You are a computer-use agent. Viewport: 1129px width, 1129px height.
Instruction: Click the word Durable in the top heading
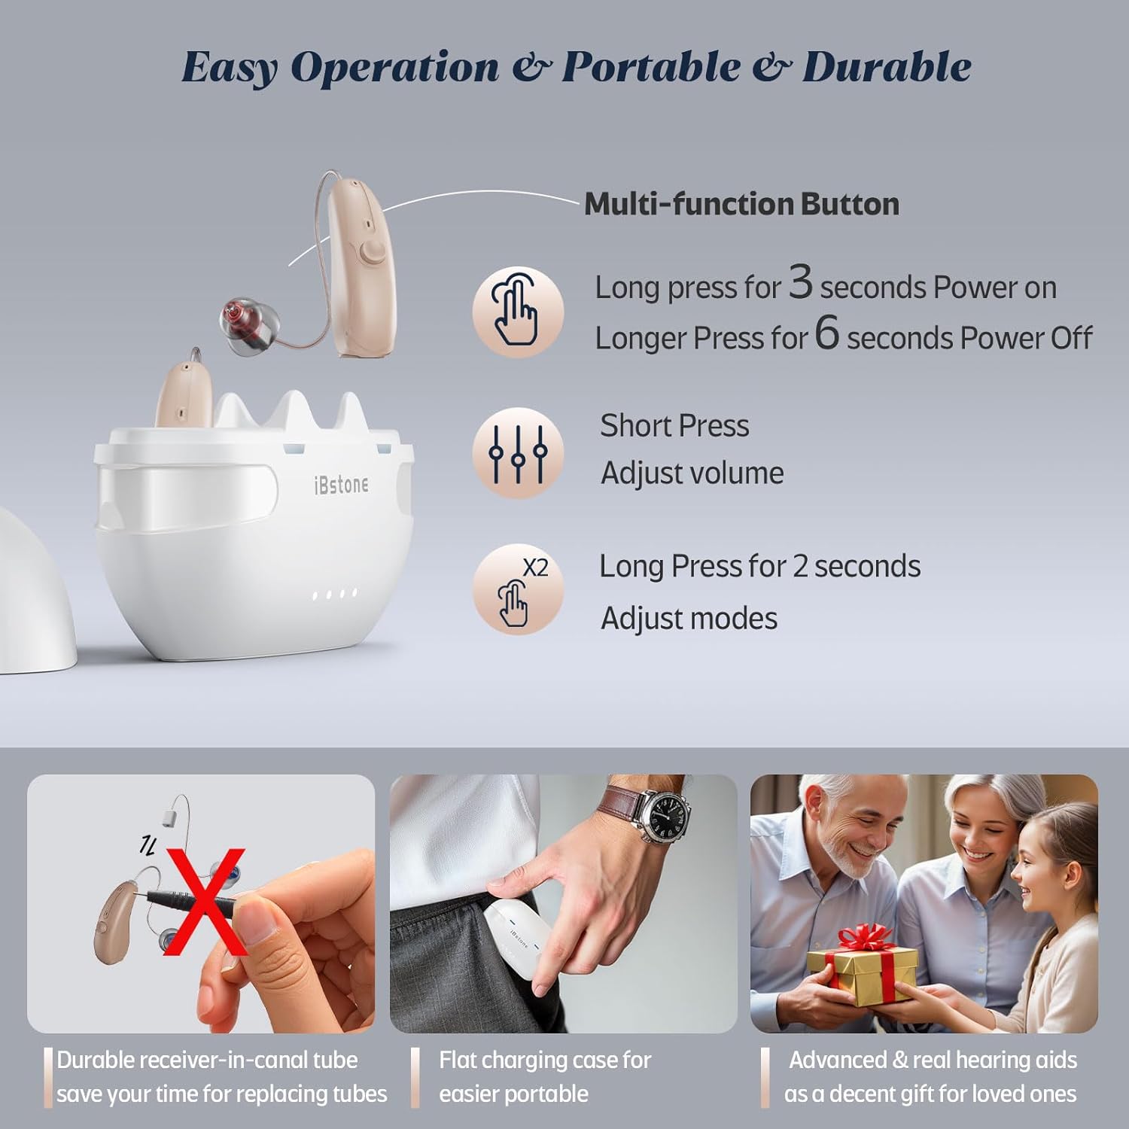(887, 67)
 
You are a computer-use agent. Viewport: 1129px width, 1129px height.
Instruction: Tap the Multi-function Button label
(741, 204)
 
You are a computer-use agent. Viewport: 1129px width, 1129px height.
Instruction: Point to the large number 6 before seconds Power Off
(826, 333)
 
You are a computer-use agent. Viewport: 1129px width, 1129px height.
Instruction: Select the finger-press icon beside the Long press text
(517, 312)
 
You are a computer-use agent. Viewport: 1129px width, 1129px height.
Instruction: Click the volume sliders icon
(517, 453)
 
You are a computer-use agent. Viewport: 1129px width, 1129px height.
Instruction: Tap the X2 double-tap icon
(517, 589)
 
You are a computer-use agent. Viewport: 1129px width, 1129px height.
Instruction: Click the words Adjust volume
(692, 473)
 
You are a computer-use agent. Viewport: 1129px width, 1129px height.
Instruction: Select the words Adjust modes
(689, 619)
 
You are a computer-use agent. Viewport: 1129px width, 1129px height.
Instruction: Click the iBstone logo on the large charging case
(341, 485)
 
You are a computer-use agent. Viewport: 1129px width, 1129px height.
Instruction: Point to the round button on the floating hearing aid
(370, 253)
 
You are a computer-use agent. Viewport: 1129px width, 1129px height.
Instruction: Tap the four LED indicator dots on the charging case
(334, 595)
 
